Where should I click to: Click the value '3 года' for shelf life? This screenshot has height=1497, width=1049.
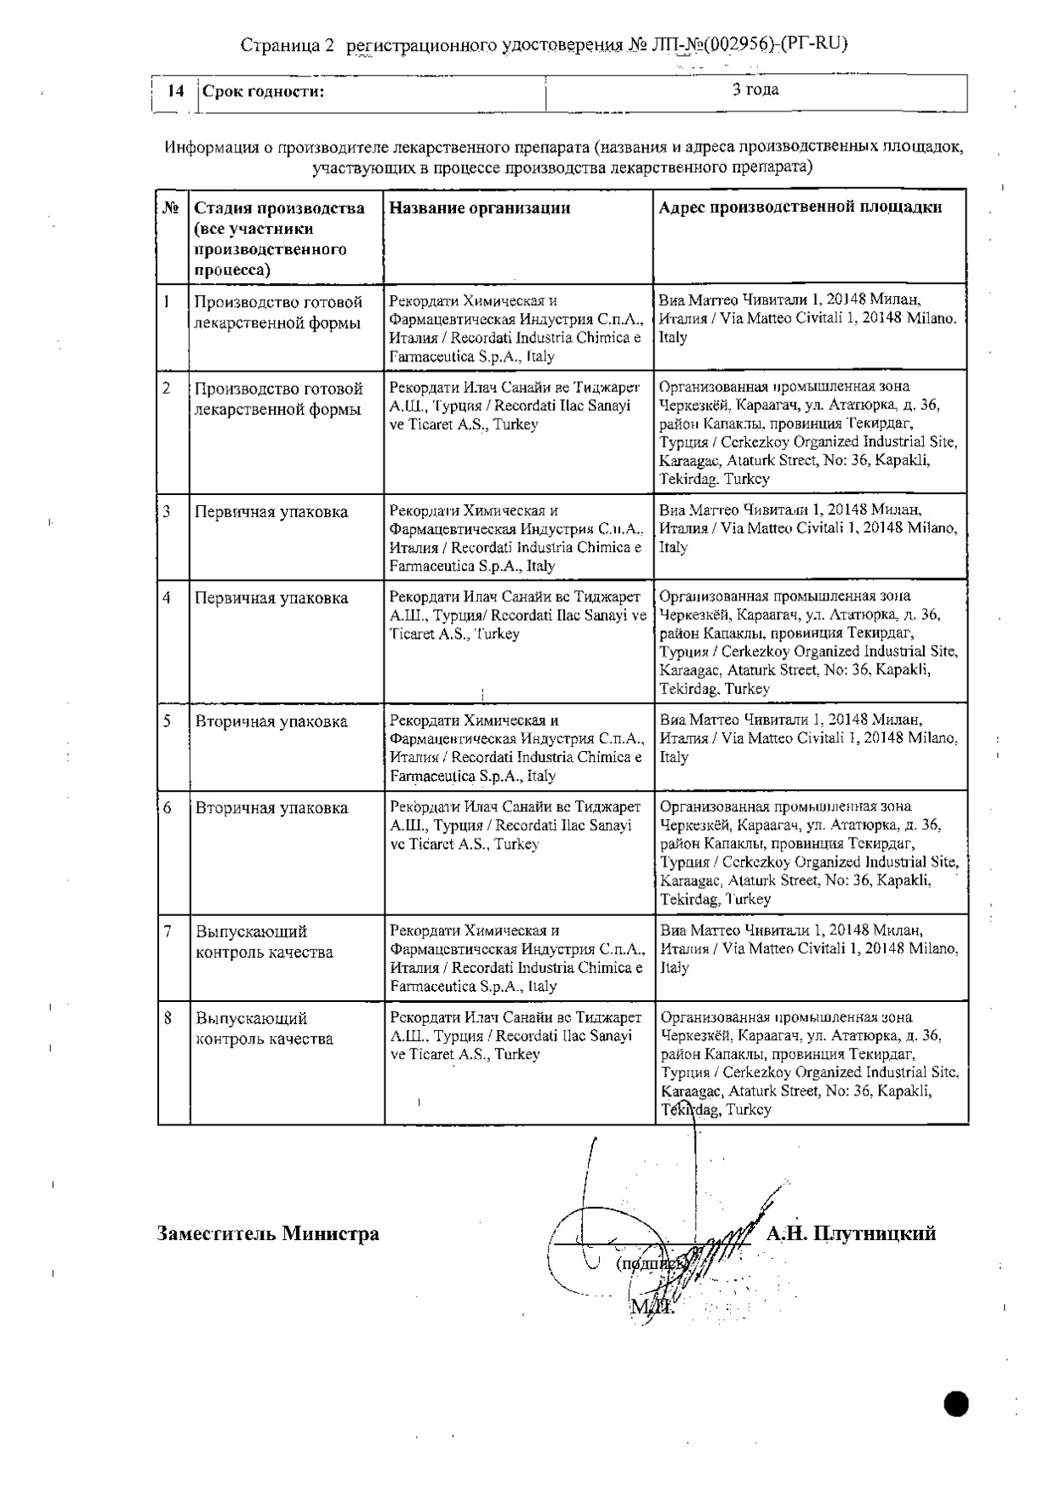pyautogui.click(x=755, y=90)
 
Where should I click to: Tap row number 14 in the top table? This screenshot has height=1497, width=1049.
pyautogui.click(x=176, y=92)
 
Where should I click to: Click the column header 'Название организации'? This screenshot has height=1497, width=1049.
pyautogui.click(x=479, y=208)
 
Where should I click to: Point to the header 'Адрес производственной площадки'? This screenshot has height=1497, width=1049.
pyautogui.click(x=801, y=208)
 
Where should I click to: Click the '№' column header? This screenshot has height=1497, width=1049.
pyautogui.click(x=171, y=208)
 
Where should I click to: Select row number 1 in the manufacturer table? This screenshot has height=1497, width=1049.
pyautogui.click(x=168, y=301)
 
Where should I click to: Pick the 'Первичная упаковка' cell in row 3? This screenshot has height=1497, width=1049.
pyautogui.click(x=271, y=512)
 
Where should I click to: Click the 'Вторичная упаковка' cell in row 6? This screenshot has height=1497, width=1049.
pyautogui.click(x=271, y=808)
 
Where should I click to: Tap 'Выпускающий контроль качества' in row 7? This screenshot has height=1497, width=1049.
pyautogui.click(x=264, y=942)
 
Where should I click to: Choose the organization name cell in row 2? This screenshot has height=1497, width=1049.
pyautogui.click(x=514, y=406)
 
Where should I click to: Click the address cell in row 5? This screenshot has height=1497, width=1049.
pyautogui.click(x=808, y=738)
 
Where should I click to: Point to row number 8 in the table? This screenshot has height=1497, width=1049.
pyautogui.click(x=168, y=1017)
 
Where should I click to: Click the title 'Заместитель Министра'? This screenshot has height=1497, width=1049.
pyautogui.click(x=268, y=1233)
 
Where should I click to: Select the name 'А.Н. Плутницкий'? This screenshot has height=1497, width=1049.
pyautogui.click(x=851, y=1233)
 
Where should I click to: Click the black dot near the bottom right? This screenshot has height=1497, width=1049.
pyautogui.click(x=956, y=1404)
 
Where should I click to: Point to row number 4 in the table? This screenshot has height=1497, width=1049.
pyautogui.click(x=168, y=597)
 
